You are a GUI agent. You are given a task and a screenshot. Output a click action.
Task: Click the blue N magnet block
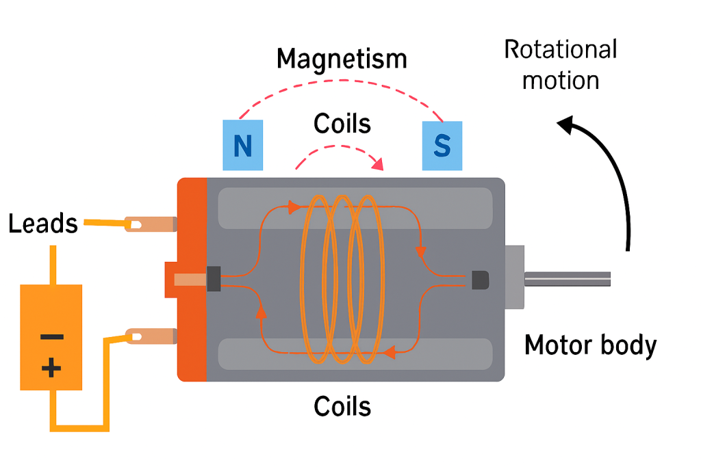(x=243, y=145)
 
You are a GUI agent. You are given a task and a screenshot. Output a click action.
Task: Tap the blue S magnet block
(x=442, y=145)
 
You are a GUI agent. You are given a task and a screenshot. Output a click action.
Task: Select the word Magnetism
(x=342, y=59)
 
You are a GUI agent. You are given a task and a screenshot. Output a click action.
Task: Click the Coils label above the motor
(x=342, y=124)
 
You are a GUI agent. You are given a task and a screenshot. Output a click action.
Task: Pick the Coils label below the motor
(x=342, y=407)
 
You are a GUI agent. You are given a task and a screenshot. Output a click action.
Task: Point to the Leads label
(x=43, y=224)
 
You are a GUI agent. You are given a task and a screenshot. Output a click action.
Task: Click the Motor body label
(x=590, y=345)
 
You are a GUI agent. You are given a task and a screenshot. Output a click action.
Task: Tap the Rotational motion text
(x=561, y=65)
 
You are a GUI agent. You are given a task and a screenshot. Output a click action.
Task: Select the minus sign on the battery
(x=51, y=336)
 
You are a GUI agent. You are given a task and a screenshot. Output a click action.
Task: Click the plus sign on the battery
(x=51, y=369)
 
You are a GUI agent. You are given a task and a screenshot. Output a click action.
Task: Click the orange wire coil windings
(x=340, y=279)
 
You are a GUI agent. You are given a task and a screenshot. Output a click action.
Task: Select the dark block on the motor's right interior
(x=481, y=279)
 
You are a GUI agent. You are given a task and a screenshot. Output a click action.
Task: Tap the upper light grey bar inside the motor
(x=355, y=208)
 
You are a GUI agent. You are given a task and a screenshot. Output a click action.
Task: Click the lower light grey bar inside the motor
(x=355, y=353)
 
